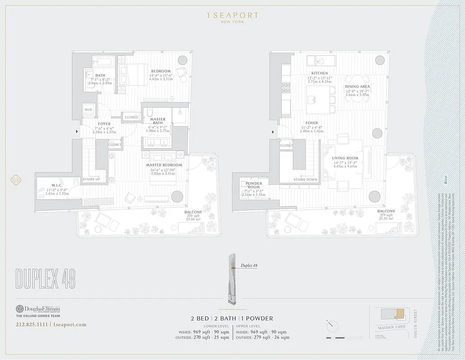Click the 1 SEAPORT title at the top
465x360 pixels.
tap(232, 15)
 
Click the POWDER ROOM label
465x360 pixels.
tap(254, 185)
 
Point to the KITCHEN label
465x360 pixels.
tap(320, 73)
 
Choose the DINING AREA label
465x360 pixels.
tap(357, 86)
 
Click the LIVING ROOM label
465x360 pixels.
tap(345, 158)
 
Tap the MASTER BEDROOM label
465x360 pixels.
tap(164, 165)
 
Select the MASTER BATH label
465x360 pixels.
tap(157, 122)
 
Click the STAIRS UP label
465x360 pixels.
tap(92, 179)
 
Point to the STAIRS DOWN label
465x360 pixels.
tap(306, 180)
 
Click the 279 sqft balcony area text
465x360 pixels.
tap(386, 215)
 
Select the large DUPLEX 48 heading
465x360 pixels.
tap(45, 279)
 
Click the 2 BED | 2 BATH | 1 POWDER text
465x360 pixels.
tap(232, 318)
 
